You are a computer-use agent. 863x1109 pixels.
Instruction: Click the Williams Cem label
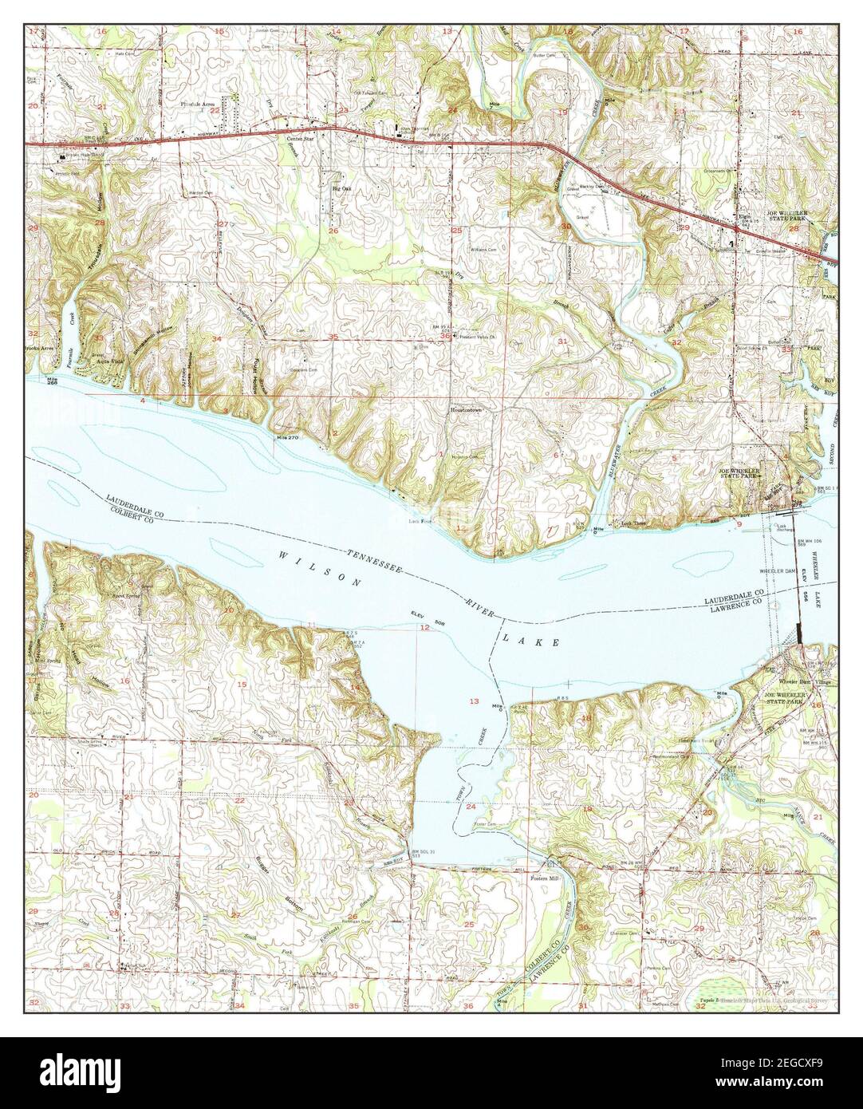tap(483, 251)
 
